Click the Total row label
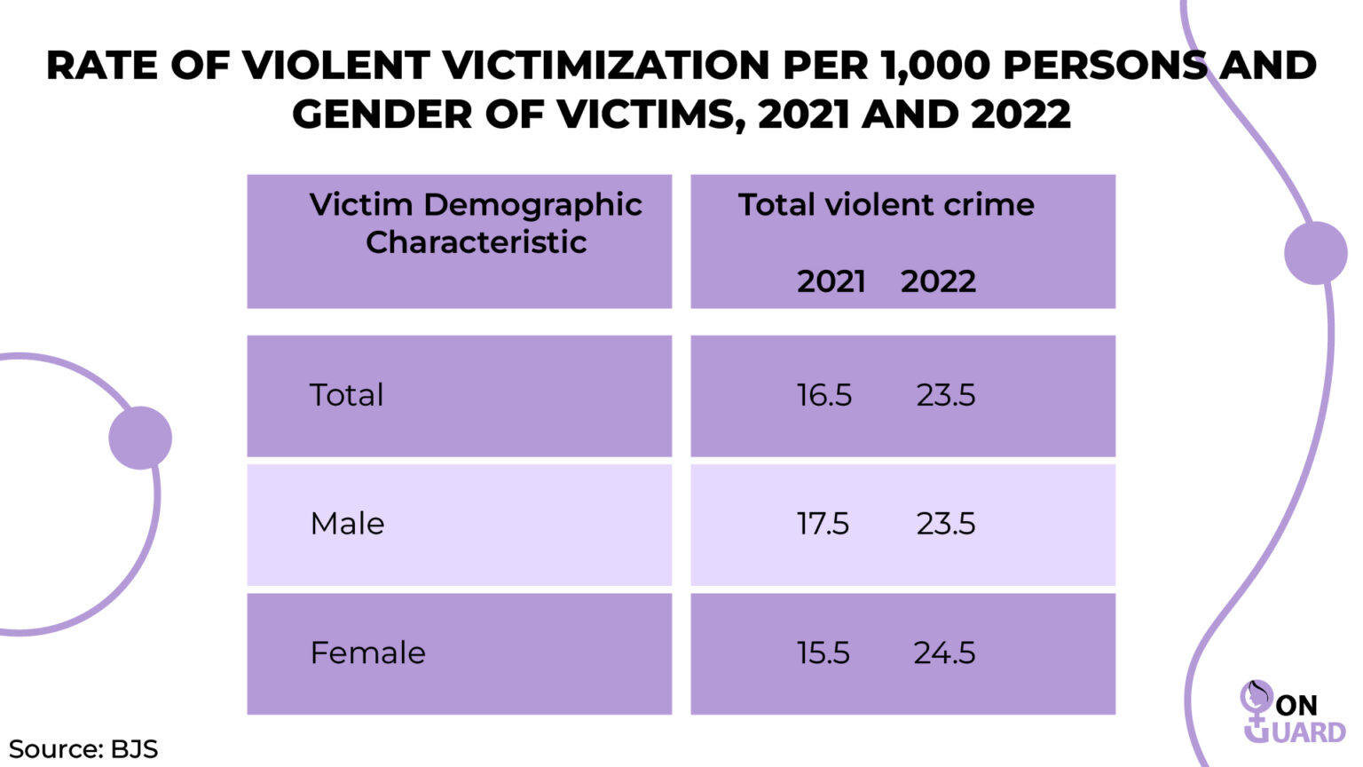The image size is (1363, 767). (346, 395)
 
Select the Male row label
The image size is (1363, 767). (347, 524)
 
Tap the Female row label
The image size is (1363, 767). (367, 653)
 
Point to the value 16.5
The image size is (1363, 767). (823, 395)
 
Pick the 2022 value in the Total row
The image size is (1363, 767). (945, 395)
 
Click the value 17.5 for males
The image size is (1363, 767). (823, 524)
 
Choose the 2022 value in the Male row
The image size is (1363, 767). (945, 524)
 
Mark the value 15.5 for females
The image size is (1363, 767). (823, 653)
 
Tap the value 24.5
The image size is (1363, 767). (944, 653)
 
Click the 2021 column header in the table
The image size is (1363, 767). (831, 281)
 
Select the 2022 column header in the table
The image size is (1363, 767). (938, 281)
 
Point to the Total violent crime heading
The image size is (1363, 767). (886, 205)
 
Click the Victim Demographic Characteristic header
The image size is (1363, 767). (476, 223)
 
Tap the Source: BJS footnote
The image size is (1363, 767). (83, 748)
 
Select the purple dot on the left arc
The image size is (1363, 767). (140, 438)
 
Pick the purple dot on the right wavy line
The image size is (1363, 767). (1315, 253)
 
